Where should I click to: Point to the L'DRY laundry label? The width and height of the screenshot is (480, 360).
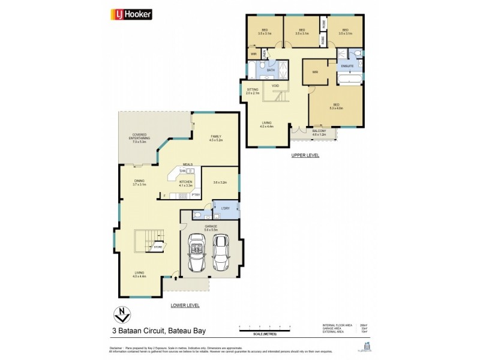[226, 208]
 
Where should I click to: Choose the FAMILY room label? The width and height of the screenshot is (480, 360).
[215, 137]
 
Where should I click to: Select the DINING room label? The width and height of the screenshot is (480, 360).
[139, 182]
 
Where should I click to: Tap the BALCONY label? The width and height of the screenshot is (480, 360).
[319, 131]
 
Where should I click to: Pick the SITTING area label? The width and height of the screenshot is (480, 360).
[253, 91]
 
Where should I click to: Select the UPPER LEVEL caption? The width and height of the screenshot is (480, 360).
[305, 155]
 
